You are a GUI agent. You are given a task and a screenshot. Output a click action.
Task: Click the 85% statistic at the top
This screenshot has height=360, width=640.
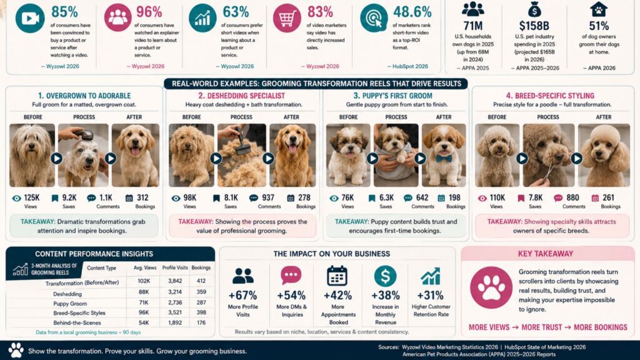point(64,12)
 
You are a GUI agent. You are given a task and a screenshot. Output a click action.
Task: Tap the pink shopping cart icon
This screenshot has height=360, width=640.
point(287,18)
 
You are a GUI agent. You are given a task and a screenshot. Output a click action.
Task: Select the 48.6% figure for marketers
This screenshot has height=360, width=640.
point(412,12)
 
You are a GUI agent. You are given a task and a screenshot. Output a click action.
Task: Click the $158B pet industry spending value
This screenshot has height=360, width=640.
point(534,26)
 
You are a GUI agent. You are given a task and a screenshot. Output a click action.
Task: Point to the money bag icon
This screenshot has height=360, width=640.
point(534,9)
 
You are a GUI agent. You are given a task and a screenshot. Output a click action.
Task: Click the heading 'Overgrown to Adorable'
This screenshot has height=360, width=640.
point(84,96)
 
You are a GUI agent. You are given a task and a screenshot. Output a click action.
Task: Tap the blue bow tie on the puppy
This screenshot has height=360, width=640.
point(444,158)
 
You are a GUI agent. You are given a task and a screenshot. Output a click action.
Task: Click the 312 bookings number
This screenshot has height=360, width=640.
point(142,198)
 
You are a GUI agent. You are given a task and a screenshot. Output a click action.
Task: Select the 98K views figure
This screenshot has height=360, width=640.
point(190,198)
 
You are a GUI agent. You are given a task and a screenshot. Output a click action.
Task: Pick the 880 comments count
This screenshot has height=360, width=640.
point(572,198)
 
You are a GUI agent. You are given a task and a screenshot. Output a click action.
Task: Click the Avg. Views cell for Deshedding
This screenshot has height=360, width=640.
point(144,292)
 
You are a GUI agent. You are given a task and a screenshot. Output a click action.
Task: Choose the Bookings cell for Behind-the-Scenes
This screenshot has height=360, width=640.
point(201,322)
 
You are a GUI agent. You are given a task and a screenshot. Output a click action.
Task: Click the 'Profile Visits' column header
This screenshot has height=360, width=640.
point(175,267)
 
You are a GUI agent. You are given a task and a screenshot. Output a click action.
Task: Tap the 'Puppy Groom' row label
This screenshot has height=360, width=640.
point(70,304)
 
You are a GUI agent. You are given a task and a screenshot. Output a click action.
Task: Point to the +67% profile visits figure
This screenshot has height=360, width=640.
point(243,295)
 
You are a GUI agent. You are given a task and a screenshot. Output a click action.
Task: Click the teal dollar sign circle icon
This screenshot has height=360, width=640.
point(385,276)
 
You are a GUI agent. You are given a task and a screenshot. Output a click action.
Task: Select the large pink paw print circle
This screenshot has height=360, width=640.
point(491,287)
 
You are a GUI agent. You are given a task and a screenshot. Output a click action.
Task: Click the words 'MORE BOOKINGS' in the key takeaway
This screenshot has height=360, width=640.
point(601,327)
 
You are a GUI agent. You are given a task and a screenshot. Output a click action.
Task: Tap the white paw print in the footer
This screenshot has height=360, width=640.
point(16,350)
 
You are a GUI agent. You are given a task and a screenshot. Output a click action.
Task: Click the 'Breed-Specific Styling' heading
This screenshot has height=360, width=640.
point(550,96)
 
